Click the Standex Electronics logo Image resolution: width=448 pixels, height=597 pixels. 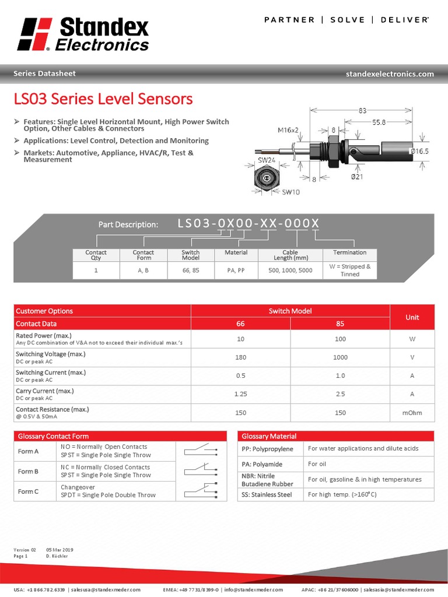click(x=83, y=34)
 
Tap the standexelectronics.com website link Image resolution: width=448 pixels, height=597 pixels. click(x=390, y=74)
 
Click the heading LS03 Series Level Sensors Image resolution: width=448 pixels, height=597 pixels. click(x=103, y=99)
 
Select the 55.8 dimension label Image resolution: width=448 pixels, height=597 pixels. click(x=379, y=122)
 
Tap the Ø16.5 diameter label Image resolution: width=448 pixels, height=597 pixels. click(x=419, y=151)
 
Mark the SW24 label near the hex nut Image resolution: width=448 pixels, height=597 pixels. click(x=266, y=160)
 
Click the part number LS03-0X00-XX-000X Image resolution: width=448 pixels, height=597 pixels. click(x=249, y=224)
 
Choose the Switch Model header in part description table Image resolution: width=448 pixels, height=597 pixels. click(x=191, y=255)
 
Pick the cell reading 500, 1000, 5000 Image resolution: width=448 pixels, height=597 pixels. click(x=290, y=271)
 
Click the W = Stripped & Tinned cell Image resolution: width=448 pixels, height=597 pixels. click(x=350, y=271)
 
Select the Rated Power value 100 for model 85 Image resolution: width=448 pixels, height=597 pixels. click(x=340, y=339)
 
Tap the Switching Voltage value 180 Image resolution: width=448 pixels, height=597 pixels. click(x=240, y=357)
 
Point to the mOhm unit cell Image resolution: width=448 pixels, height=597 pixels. click(x=412, y=413)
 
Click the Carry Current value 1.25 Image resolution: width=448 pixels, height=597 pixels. click(x=240, y=394)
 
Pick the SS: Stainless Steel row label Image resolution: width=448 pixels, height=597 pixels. click(x=267, y=494)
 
